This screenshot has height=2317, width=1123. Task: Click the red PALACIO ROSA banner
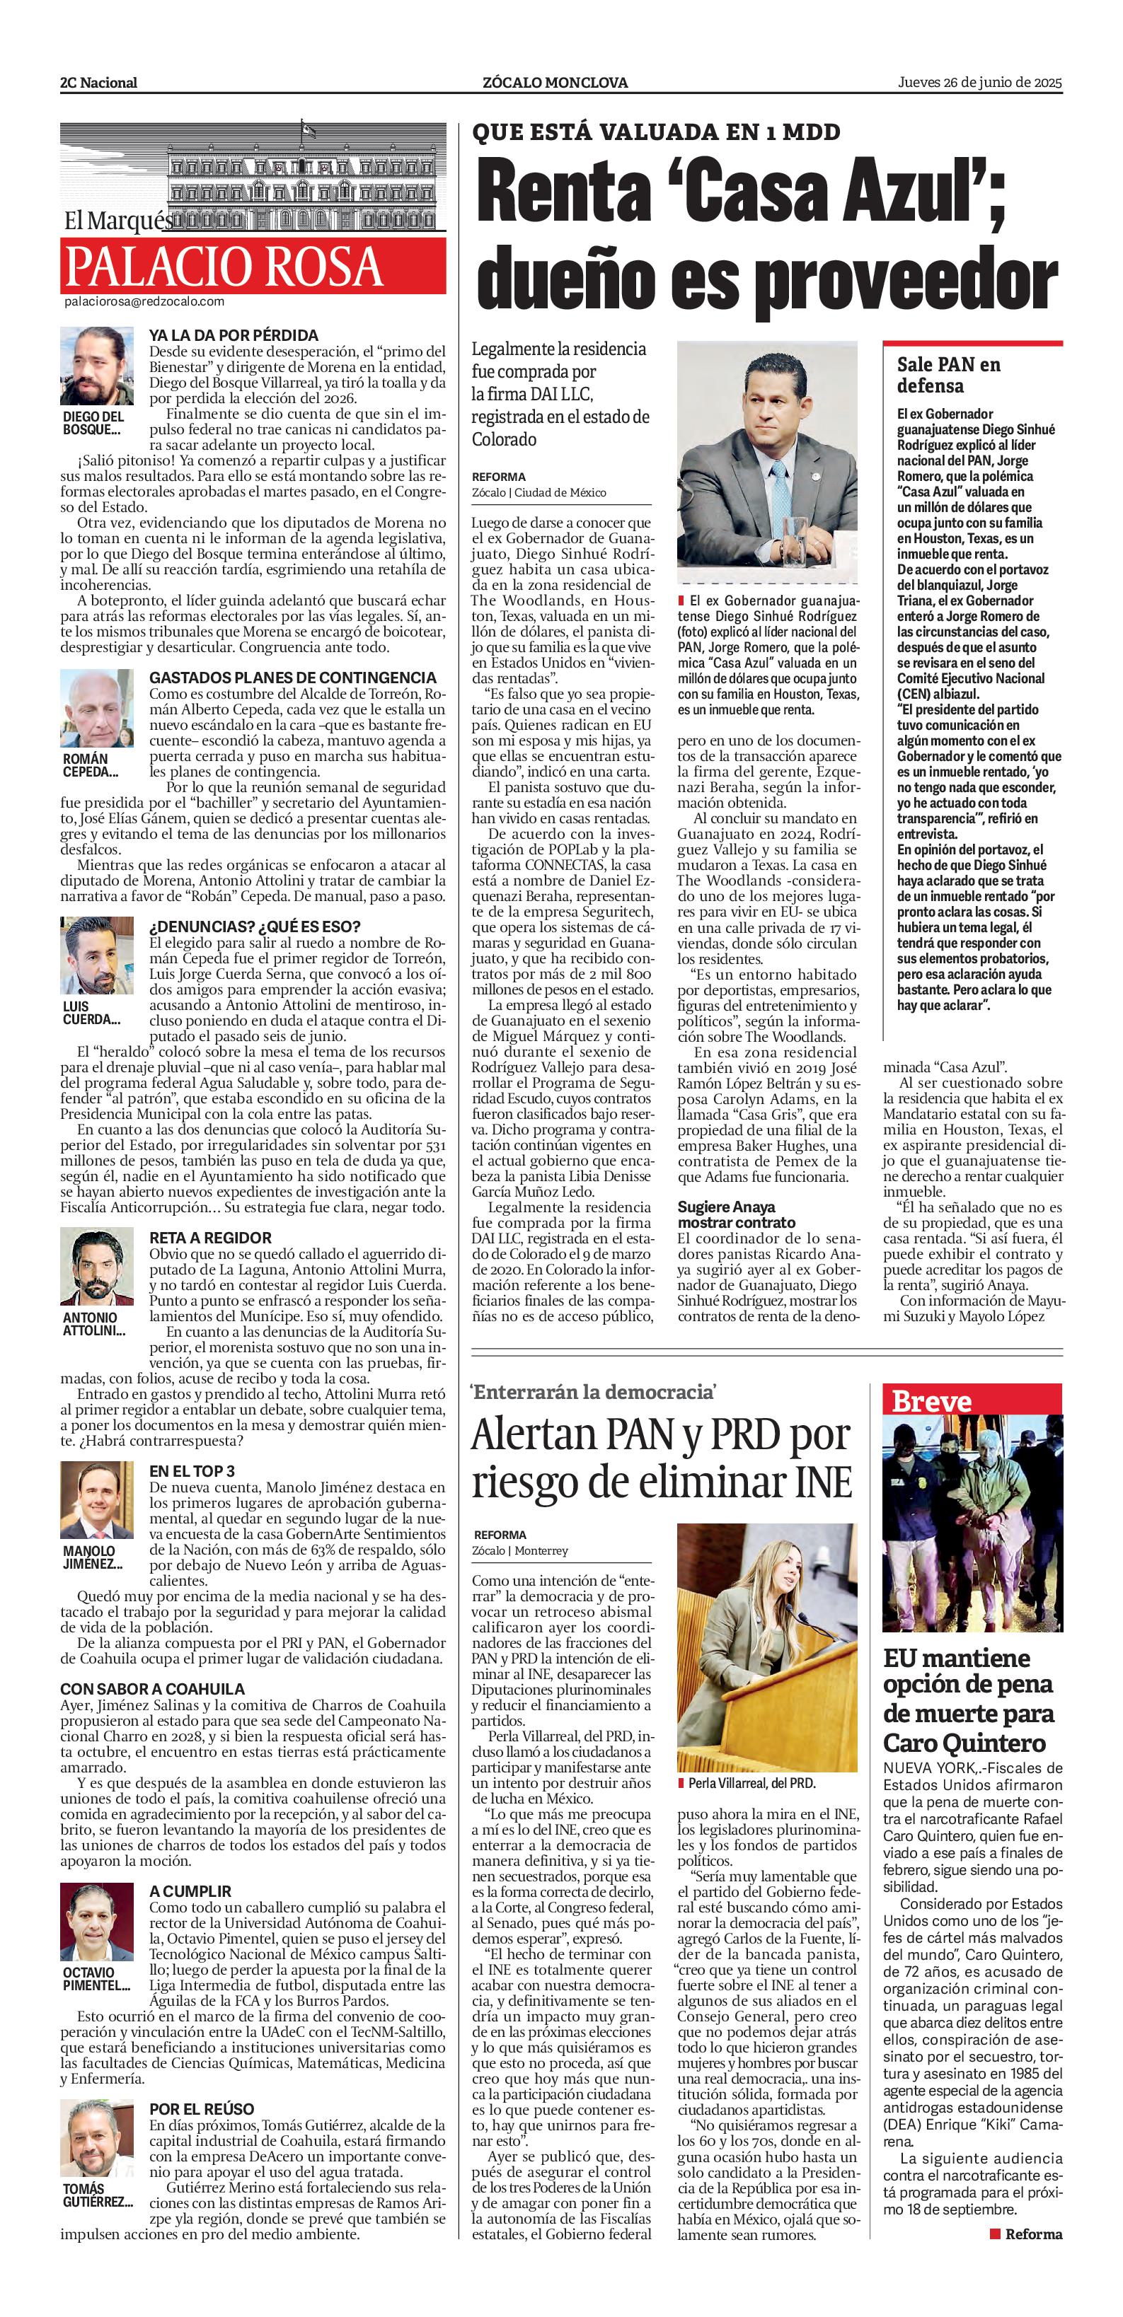tap(253, 265)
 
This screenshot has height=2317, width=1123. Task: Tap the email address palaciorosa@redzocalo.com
tap(144, 302)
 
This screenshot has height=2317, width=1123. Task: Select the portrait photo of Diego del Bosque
tap(97, 366)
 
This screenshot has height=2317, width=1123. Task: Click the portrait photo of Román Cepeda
tap(97, 708)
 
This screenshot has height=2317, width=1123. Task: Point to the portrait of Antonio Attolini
tap(97, 1267)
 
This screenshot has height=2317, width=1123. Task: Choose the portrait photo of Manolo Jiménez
tap(97, 1500)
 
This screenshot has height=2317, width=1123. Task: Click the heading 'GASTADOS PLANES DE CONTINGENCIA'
tap(292, 678)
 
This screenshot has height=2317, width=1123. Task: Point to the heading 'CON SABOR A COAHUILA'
tap(153, 1689)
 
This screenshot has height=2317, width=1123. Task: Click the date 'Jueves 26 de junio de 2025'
tap(980, 82)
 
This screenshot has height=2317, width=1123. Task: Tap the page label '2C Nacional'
tap(99, 83)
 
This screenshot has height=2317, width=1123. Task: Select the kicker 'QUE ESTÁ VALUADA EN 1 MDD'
tap(656, 132)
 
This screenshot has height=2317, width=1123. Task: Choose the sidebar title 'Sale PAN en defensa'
tap(948, 375)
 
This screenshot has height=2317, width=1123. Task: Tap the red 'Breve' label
tap(931, 1401)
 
